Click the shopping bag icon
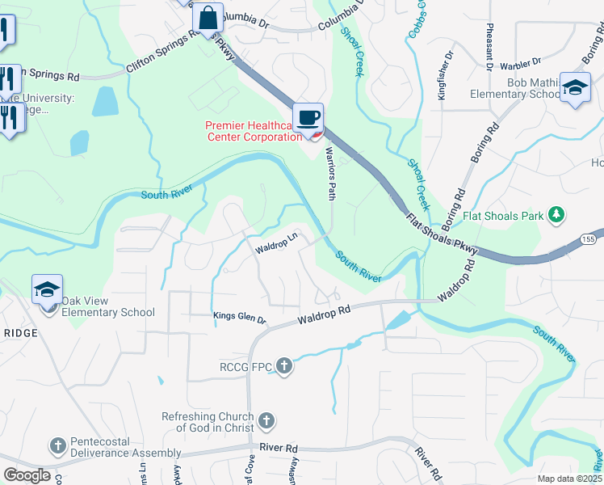click(208, 16)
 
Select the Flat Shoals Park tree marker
click(556, 215)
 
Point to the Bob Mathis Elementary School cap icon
click(575, 88)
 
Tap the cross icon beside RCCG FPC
click(283, 367)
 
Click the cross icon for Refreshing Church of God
click(266, 421)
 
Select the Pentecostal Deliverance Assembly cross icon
click(57, 445)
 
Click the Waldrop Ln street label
click(277, 242)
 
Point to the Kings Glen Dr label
click(239, 318)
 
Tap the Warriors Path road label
click(330, 173)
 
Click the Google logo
click(27, 475)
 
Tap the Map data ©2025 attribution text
click(569, 479)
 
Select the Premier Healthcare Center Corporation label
click(253, 131)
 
